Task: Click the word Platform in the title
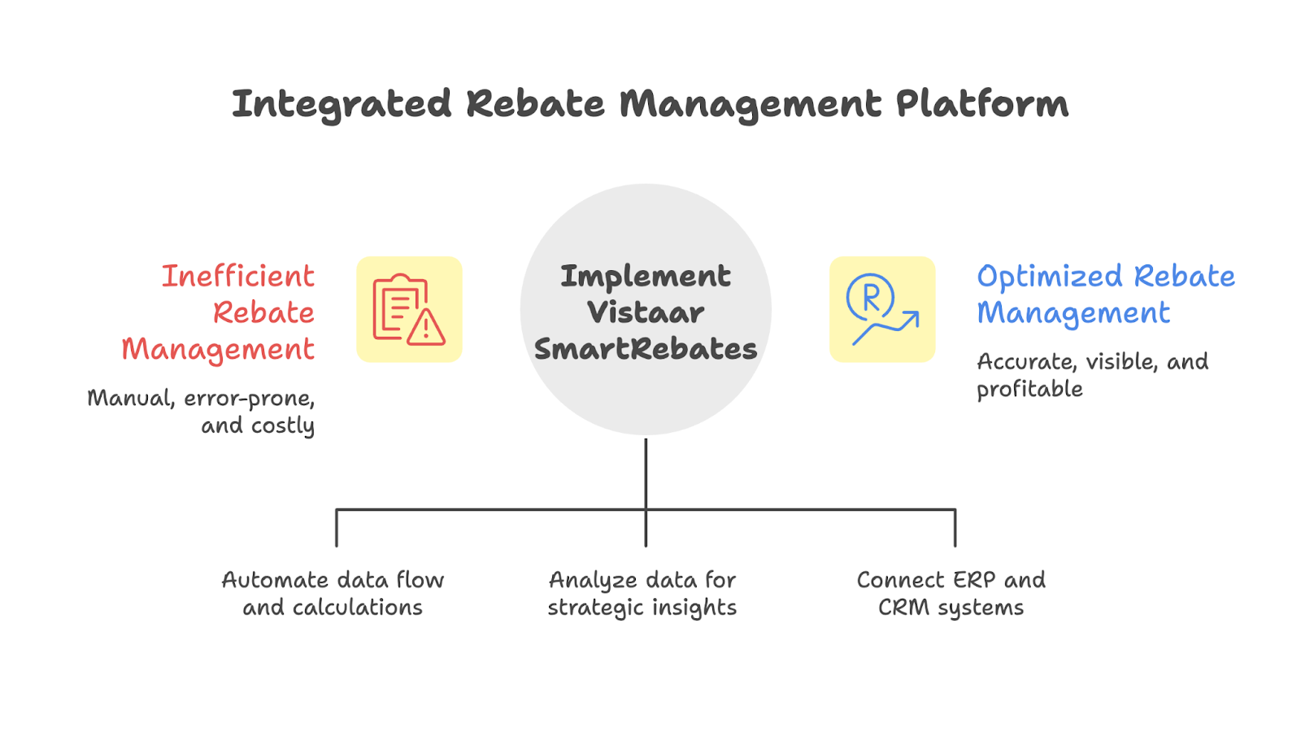(x=981, y=104)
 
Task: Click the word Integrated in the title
(x=341, y=104)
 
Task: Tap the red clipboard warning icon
(x=409, y=309)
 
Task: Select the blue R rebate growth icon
(x=882, y=309)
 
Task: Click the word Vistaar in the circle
(x=646, y=312)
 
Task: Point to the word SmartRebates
(x=646, y=349)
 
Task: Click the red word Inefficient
(x=237, y=277)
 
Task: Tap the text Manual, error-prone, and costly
(x=201, y=412)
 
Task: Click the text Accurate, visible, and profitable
(x=1091, y=375)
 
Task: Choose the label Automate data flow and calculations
(x=333, y=594)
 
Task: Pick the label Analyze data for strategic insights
(x=642, y=594)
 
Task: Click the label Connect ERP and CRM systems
(x=951, y=594)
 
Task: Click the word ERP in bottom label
(x=973, y=580)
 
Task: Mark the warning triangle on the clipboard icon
(x=425, y=328)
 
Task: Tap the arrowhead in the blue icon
(x=912, y=317)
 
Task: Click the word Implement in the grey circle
(x=646, y=277)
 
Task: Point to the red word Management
(x=218, y=350)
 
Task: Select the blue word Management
(x=1073, y=313)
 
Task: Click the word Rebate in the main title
(x=535, y=104)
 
